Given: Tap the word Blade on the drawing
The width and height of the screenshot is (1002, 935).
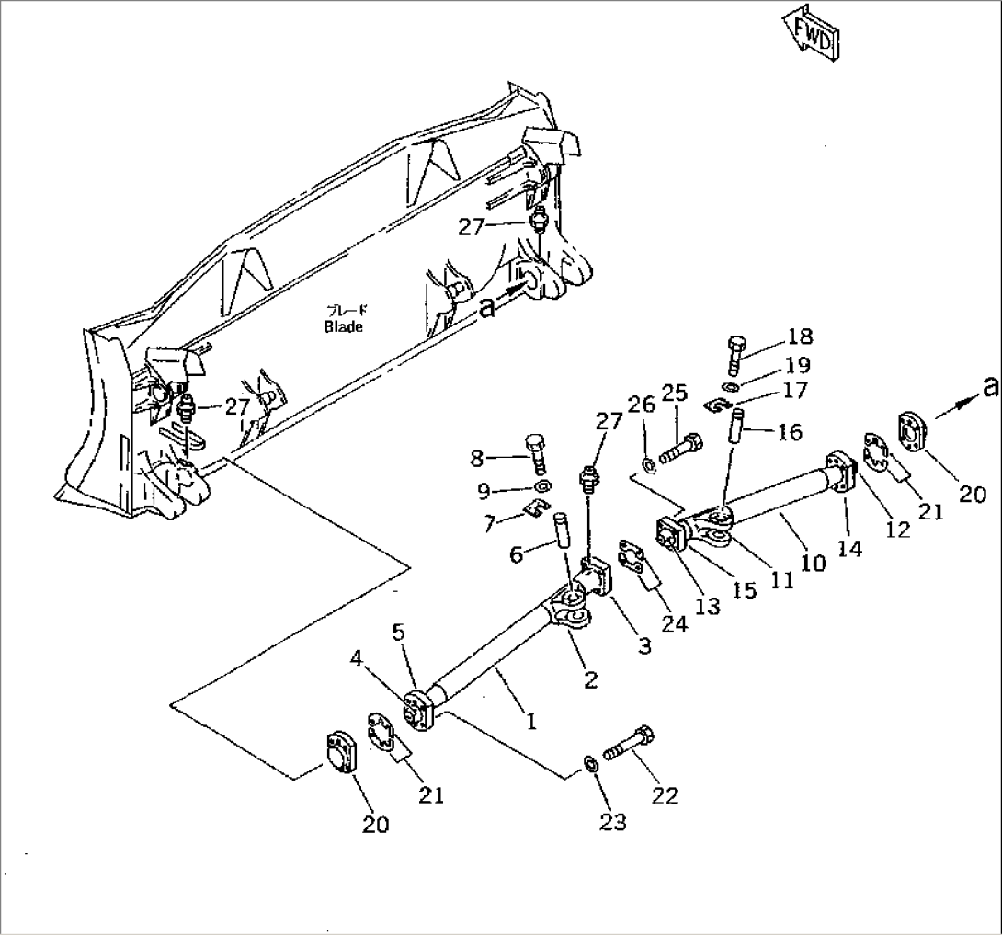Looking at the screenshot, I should coord(343,326).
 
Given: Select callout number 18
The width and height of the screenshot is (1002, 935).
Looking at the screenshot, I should coord(799,336).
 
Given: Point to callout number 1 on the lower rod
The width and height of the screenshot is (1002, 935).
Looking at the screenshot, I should coord(530,721).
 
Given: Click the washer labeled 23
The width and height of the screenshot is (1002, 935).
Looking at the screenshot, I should coord(589,762).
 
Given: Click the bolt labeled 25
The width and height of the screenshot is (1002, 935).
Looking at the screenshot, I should coord(680,450).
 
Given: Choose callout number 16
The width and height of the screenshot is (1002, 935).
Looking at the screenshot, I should coord(789,431).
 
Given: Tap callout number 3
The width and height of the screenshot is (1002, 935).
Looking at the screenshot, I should coord(644,646).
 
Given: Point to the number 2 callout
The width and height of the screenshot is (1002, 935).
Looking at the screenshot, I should coord(590,679).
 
